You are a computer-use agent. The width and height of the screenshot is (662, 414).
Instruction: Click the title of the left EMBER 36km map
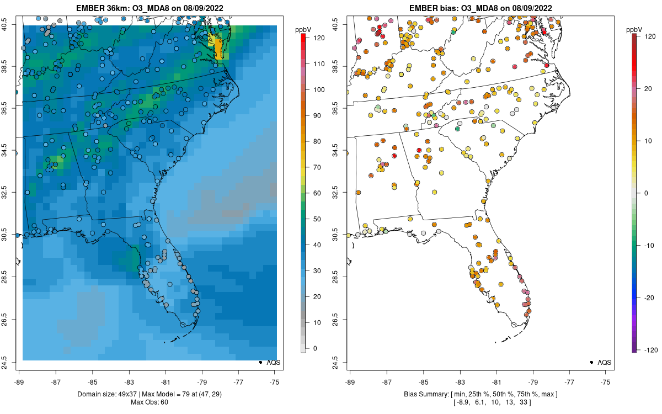coord(149,8)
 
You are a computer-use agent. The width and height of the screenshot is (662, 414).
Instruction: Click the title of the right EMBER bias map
coord(480,8)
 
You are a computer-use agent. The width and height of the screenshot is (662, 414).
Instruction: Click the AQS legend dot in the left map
coord(260,362)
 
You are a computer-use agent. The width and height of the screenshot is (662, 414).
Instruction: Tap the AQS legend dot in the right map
coord(591,362)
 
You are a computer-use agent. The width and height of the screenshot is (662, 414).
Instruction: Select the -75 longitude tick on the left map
coord(275,381)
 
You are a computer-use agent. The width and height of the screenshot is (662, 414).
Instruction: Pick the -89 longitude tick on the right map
coord(350,381)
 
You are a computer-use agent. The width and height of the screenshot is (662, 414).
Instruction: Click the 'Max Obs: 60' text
coord(149,402)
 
